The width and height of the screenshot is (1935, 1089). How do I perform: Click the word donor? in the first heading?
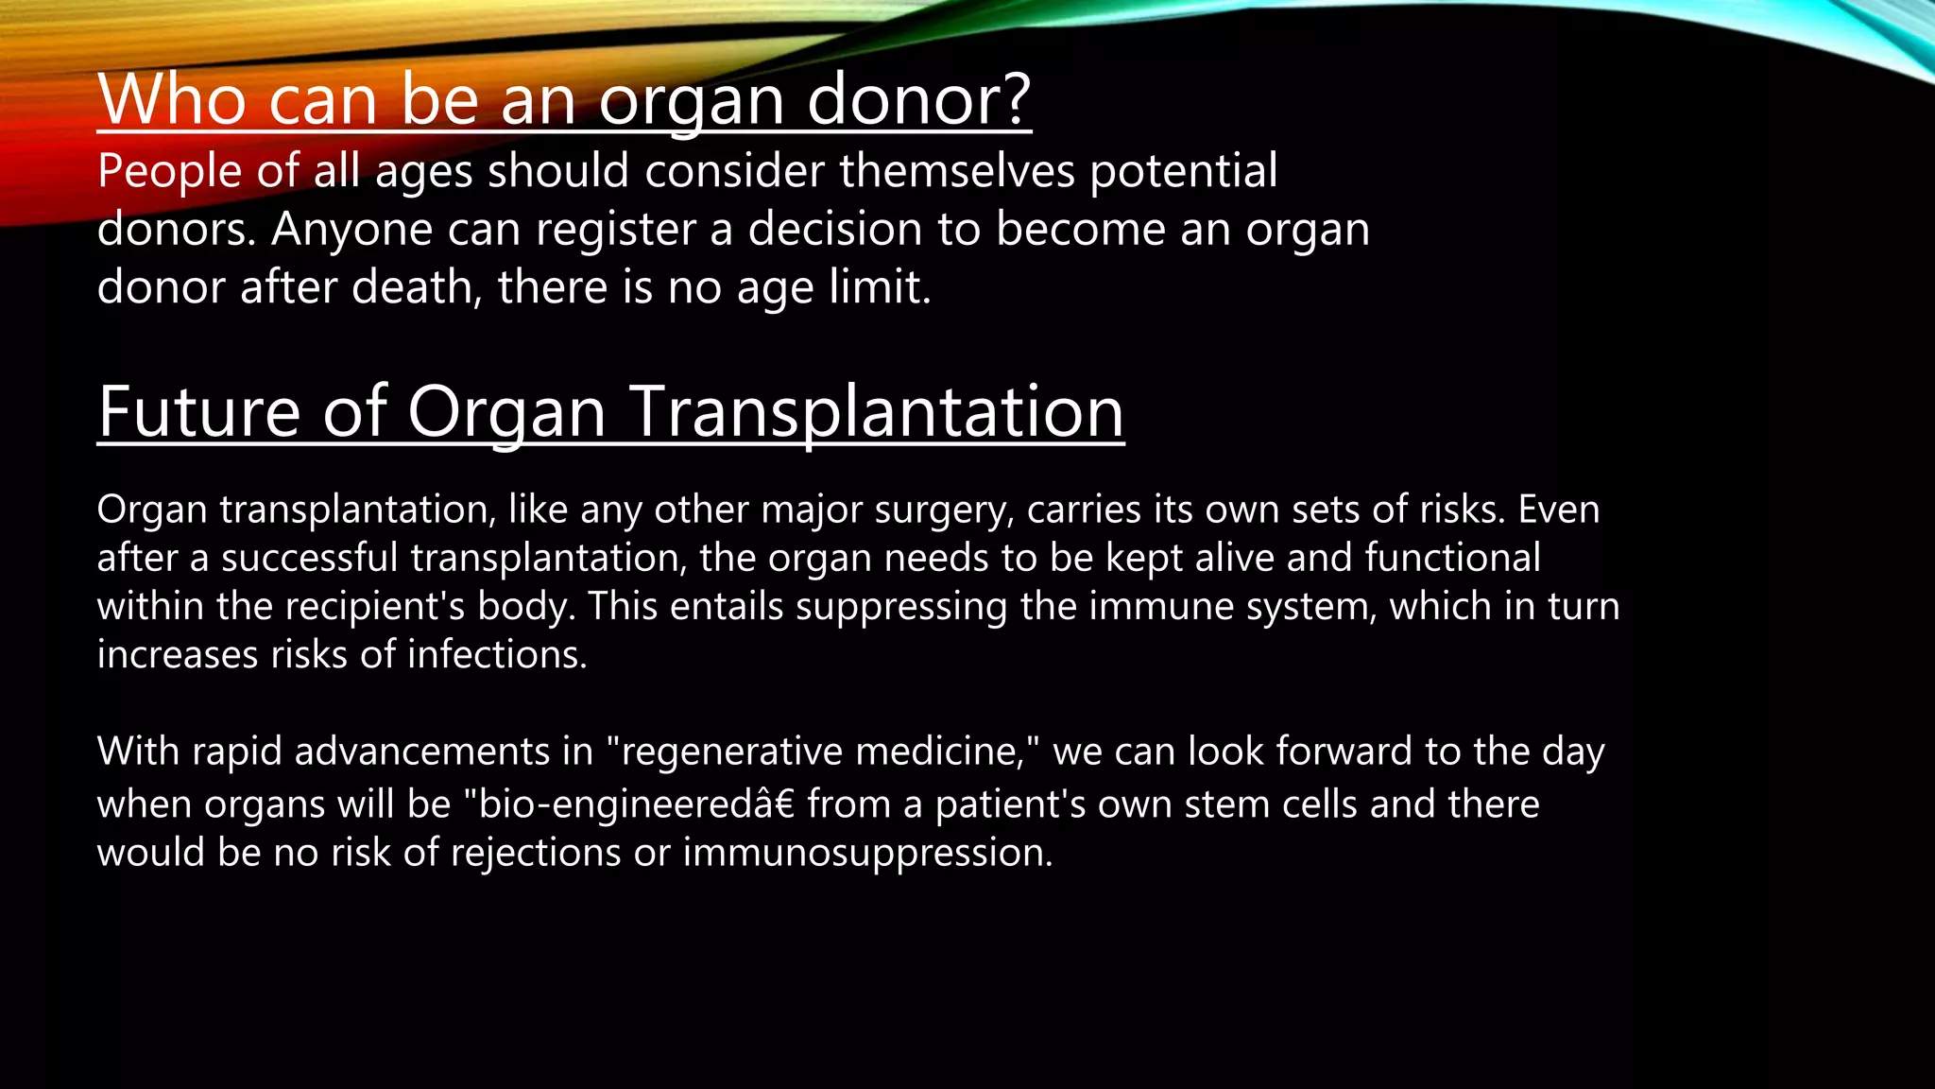point(918,99)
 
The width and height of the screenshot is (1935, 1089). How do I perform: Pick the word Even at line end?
point(1559,510)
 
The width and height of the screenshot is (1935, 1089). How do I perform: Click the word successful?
point(310,558)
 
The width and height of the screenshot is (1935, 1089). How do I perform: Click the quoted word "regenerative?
point(725,752)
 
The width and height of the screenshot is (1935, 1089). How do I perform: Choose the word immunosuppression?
point(867,853)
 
